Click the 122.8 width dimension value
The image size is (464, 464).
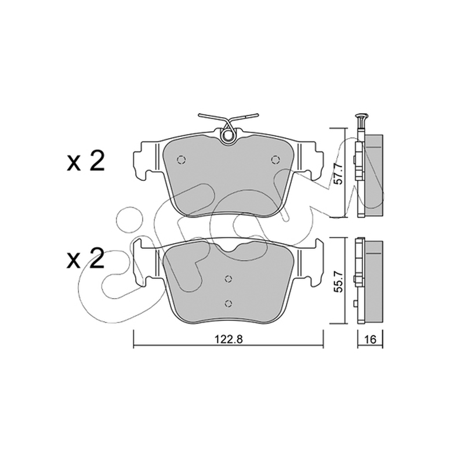(229, 339)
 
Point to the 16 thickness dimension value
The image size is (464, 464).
(370, 339)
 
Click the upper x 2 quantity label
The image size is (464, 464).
(86, 162)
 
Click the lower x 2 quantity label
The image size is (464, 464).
(86, 258)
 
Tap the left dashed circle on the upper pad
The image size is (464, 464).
(181, 160)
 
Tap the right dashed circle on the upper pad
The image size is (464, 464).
(275, 160)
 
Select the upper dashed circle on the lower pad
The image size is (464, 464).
(228, 278)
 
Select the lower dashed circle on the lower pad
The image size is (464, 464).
(228, 303)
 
